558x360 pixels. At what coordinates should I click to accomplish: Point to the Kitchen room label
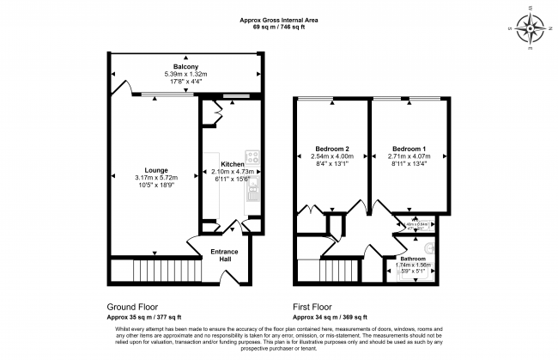(233, 164)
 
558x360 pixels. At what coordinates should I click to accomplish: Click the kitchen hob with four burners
(252, 157)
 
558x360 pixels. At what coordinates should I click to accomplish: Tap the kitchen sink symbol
(252, 193)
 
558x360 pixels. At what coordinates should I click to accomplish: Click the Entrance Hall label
(225, 256)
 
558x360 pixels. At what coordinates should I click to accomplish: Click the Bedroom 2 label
(331, 147)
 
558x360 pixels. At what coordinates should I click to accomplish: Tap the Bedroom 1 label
(408, 147)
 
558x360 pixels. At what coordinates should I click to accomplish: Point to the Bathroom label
(413, 258)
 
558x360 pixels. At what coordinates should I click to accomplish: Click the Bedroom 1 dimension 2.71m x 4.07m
(408, 156)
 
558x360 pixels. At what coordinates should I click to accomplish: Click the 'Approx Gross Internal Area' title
(279, 19)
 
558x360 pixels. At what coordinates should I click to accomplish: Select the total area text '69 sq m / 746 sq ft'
(279, 27)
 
